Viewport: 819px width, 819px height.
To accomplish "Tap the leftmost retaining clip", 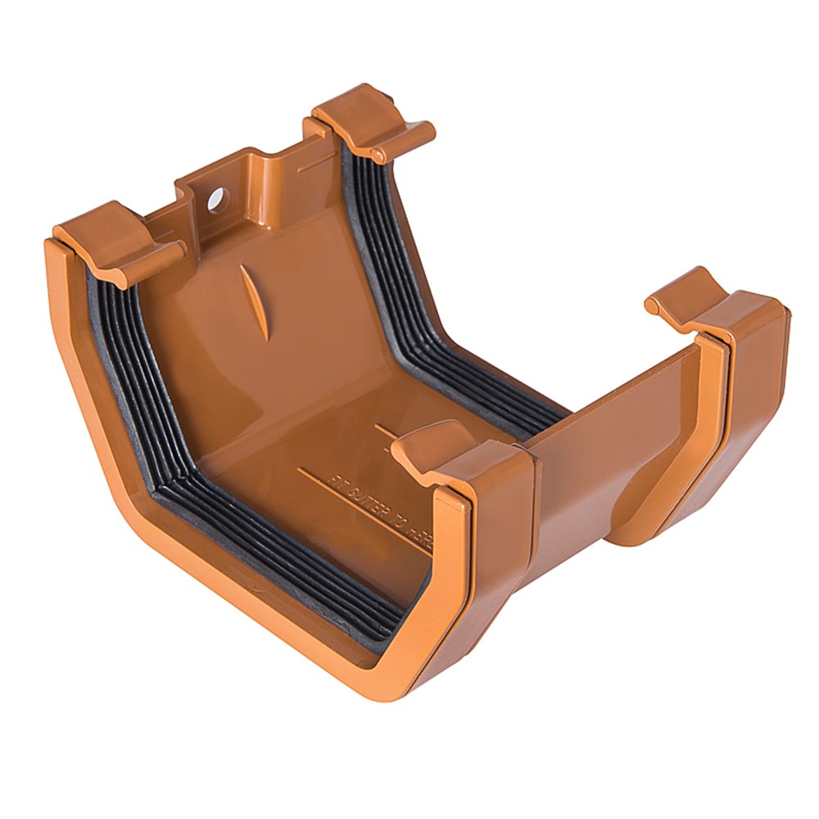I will [x=115, y=239].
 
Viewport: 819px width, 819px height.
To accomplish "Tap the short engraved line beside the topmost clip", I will [x=316, y=164].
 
